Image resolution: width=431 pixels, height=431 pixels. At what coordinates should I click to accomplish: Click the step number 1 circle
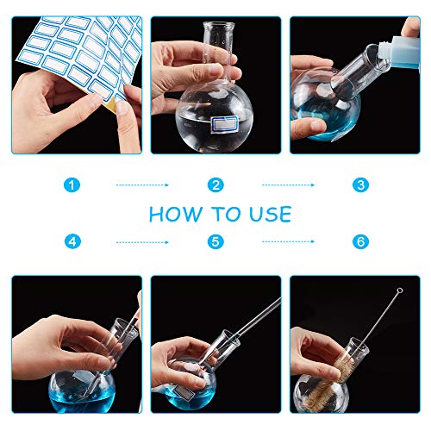click(x=72, y=184)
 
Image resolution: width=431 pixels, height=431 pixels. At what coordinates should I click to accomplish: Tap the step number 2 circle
click(x=215, y=184)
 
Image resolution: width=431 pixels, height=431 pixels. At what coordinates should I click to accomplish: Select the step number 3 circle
click(x=360, y=184)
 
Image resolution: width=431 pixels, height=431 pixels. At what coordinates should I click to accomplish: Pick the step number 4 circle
click(x=72, y=241)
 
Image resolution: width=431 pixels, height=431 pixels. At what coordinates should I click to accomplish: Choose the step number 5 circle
click(x=215, y=241)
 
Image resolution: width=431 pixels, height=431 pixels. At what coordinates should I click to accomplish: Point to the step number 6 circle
click(x=360, y=241)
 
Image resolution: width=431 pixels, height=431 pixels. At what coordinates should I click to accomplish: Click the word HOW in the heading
click(x=176, y=214)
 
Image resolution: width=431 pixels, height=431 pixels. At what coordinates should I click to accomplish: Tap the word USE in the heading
click(x=271, y=214)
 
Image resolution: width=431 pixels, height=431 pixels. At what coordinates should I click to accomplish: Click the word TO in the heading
click(x=226, y=214)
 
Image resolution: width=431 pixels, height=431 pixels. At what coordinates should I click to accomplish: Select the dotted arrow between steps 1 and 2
click(x=142, y=185)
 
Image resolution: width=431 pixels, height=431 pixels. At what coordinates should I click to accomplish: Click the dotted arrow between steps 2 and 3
click(x=288, y=185)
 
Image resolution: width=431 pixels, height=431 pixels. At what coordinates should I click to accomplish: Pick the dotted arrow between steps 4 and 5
click(x=142, y=242)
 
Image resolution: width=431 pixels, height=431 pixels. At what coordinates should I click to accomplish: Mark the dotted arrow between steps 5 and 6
click(x=288, y=241)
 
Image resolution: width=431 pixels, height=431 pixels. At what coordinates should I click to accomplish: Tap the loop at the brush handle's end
click(x=399, y=290)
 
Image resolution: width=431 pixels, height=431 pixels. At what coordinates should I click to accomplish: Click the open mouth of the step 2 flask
click(x=219, y=25)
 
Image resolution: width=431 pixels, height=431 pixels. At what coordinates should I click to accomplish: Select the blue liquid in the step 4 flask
click(x=83, y=398)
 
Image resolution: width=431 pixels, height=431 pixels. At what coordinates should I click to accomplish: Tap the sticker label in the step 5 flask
click(x=182, y=391)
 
